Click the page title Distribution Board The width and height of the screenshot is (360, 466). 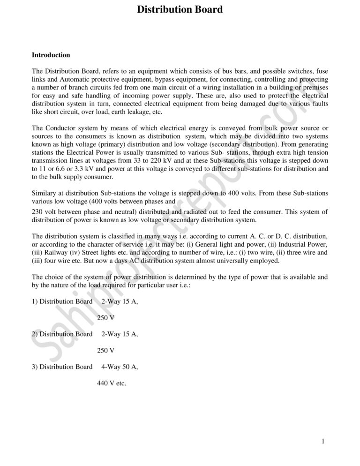click(x=180, y=9)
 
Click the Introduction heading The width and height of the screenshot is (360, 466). click(x=51, y=55)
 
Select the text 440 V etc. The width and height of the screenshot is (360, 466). click(x=112, y=383)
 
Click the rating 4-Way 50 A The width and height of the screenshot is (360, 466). click(x=120, y=366)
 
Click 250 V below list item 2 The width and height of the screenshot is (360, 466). click(x=106, y=350)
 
